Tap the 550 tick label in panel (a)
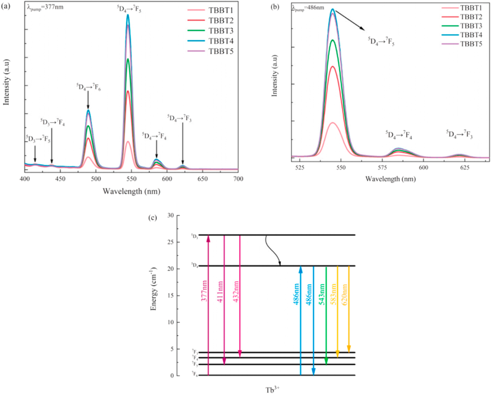tap(131, 179)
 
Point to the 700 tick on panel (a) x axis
tap(238, 179)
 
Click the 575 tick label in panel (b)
tap(382, 168)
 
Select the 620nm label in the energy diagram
tap(345, 294)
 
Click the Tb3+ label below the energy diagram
tap(272, 390)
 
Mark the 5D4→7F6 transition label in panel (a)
tap(88, 87)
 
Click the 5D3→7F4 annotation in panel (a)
tap(53, 122)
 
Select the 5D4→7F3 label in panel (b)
tap(459, 134)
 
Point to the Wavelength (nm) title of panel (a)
tap(131, 191)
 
